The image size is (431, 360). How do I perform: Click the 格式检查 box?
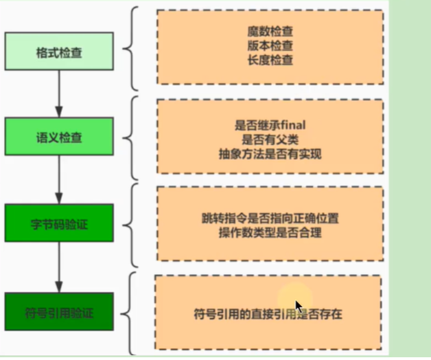(59, 52)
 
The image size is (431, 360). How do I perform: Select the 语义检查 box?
(59, 137)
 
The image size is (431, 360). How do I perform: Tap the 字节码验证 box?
(59, 223)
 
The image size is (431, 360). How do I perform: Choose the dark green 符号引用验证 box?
(59, 311)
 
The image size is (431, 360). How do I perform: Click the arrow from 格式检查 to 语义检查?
(59, 94)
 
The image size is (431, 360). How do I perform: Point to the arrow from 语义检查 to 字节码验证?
(59, 180)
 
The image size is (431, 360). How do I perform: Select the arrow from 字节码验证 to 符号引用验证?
(59, 267)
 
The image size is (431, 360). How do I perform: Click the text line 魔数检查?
(270, 32)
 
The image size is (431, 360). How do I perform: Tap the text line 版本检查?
(270, 46)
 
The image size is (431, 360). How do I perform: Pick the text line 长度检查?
(270, 60)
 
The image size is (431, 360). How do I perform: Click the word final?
(293, 125)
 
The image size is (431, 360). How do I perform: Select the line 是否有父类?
(270, 139)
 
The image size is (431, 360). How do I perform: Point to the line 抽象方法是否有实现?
(270, 154)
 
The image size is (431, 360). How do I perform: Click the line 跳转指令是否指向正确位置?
(270, 218)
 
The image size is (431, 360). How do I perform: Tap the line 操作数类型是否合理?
(270, 233)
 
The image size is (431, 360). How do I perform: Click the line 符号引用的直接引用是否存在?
(268, 314)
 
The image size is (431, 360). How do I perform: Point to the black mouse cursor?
(299, 306)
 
